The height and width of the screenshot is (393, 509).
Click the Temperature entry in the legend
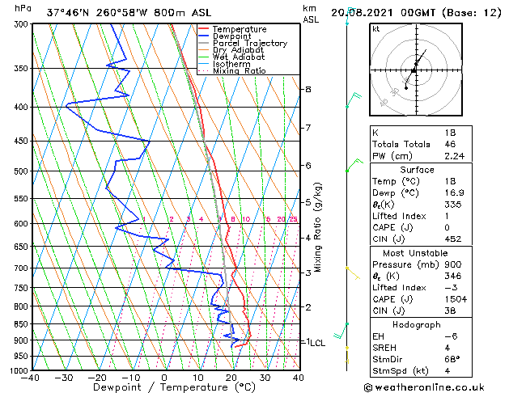tap(239, 29)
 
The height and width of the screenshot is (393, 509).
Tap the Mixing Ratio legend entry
tap(240, 71)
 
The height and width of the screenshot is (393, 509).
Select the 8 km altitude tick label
tap(308, 89)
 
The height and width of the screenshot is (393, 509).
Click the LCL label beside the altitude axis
tap(316, 343)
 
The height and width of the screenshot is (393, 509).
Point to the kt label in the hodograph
tap(375, 29)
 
